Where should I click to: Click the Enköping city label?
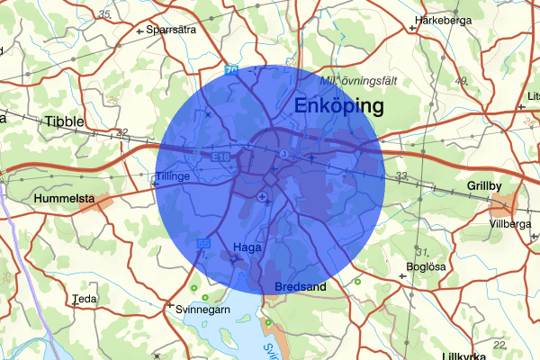338,107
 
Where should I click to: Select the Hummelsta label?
64,197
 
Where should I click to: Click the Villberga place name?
510,224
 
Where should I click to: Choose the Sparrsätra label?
170,28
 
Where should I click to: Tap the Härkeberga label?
444,19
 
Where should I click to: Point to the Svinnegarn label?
202,309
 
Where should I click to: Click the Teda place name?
85,299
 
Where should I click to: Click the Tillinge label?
173,176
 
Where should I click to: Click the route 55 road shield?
203,244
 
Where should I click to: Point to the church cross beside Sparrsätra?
139,31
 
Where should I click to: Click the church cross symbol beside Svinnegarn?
168,306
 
